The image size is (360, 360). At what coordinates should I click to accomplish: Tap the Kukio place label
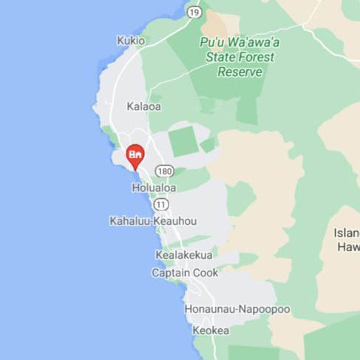click(131, 41)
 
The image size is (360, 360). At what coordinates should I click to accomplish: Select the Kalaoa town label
click(143, 106)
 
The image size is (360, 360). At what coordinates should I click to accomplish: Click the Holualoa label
click(154, 188)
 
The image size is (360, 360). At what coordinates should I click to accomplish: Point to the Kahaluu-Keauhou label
click(153, 221)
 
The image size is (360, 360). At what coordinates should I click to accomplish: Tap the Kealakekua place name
click(183, 255)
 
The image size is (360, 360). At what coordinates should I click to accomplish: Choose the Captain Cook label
click(185, 273)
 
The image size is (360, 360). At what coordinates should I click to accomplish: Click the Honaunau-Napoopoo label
click(237, 309)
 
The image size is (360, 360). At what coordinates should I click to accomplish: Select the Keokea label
click(211, 330)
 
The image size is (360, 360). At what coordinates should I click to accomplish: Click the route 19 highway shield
click(194, 12)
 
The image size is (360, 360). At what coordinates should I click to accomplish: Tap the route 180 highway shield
click(165, 171)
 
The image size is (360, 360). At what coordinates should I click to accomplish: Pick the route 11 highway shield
click(161, 204)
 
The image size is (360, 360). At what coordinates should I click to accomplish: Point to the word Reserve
click(240, 72)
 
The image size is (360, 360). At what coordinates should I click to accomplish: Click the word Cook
click(205, 273)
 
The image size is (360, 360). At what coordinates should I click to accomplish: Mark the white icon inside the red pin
click(135, 154)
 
